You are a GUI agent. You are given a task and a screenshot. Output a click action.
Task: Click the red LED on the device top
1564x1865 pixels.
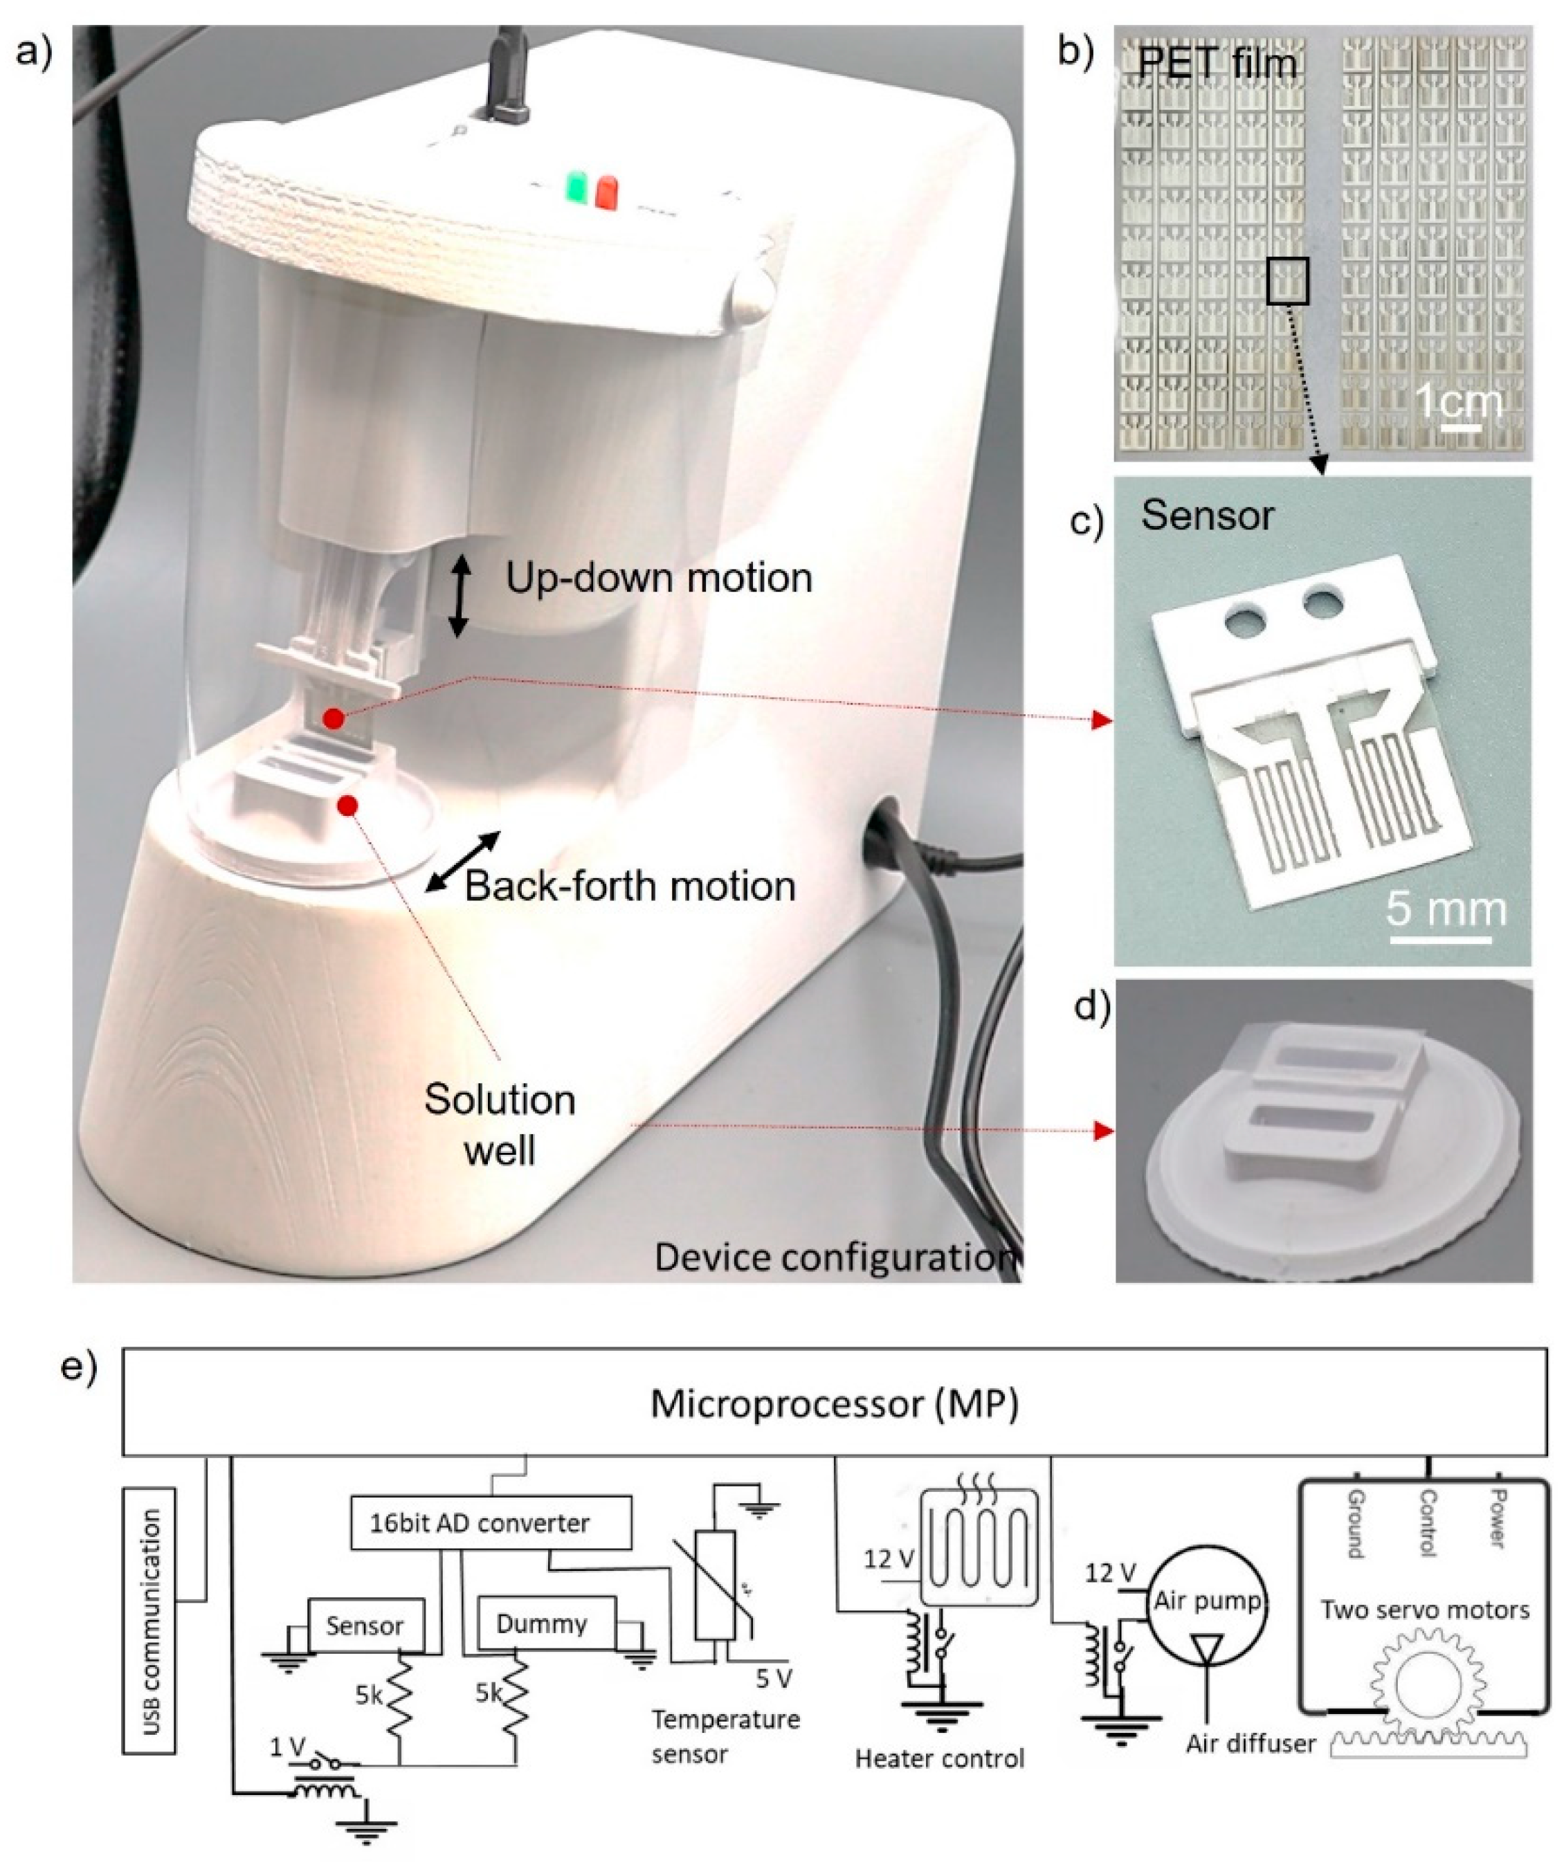[x=608, y=192]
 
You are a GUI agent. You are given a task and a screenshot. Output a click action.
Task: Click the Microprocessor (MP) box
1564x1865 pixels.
[x=834, y=1404]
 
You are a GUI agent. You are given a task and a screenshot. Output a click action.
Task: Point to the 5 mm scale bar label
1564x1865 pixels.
[x=1446, y=910]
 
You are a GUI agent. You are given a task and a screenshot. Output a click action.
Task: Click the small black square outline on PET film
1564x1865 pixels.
[x=1287, y=281]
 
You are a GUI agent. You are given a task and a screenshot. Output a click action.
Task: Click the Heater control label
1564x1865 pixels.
[x=939, y=1758]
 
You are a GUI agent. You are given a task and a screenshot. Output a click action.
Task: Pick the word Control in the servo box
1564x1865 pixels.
[x=1427, y=1522]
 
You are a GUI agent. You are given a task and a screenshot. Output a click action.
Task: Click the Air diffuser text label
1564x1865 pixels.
[x=1251, y=1744]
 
